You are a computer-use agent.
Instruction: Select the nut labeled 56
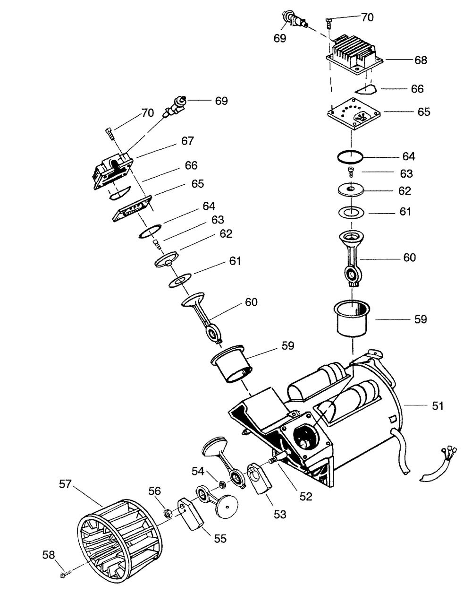pos(167,512)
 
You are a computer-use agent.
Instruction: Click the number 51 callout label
pos(438,405)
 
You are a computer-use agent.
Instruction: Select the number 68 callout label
pos(421,60)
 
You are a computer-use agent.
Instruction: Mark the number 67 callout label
pos(187,141)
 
